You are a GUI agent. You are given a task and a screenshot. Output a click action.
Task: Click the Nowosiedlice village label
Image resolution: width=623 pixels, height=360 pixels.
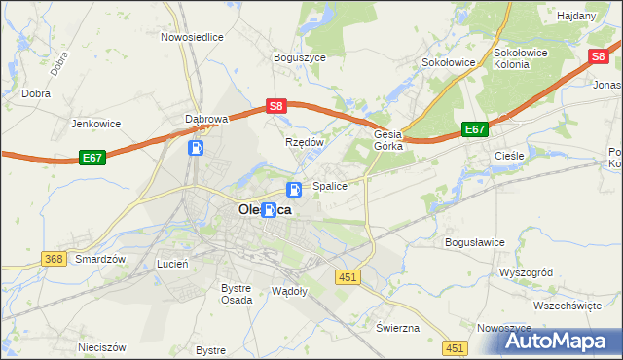193,37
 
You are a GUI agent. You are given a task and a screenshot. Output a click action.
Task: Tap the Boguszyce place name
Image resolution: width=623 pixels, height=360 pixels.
300,57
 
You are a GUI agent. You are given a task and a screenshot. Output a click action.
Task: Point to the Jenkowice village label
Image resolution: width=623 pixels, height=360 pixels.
94,125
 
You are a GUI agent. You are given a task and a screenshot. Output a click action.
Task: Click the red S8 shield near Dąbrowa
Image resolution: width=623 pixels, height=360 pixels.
276,106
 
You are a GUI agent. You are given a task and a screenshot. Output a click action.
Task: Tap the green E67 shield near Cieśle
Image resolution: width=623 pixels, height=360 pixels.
474,129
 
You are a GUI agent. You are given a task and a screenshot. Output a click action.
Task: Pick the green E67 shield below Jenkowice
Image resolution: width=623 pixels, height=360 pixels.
92,157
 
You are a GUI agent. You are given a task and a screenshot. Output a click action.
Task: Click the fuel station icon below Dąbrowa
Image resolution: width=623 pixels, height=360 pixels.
197,148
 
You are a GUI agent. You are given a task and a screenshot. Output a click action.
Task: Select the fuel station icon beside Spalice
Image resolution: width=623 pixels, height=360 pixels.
293,190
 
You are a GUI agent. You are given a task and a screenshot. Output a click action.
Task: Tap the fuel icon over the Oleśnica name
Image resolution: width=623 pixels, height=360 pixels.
268,209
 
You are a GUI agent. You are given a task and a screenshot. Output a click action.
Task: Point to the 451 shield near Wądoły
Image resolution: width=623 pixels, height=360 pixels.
349,278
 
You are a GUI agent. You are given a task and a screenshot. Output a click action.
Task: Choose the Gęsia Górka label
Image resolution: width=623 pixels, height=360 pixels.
388,141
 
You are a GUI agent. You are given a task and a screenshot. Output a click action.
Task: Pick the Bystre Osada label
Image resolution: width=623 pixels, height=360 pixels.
237,294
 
